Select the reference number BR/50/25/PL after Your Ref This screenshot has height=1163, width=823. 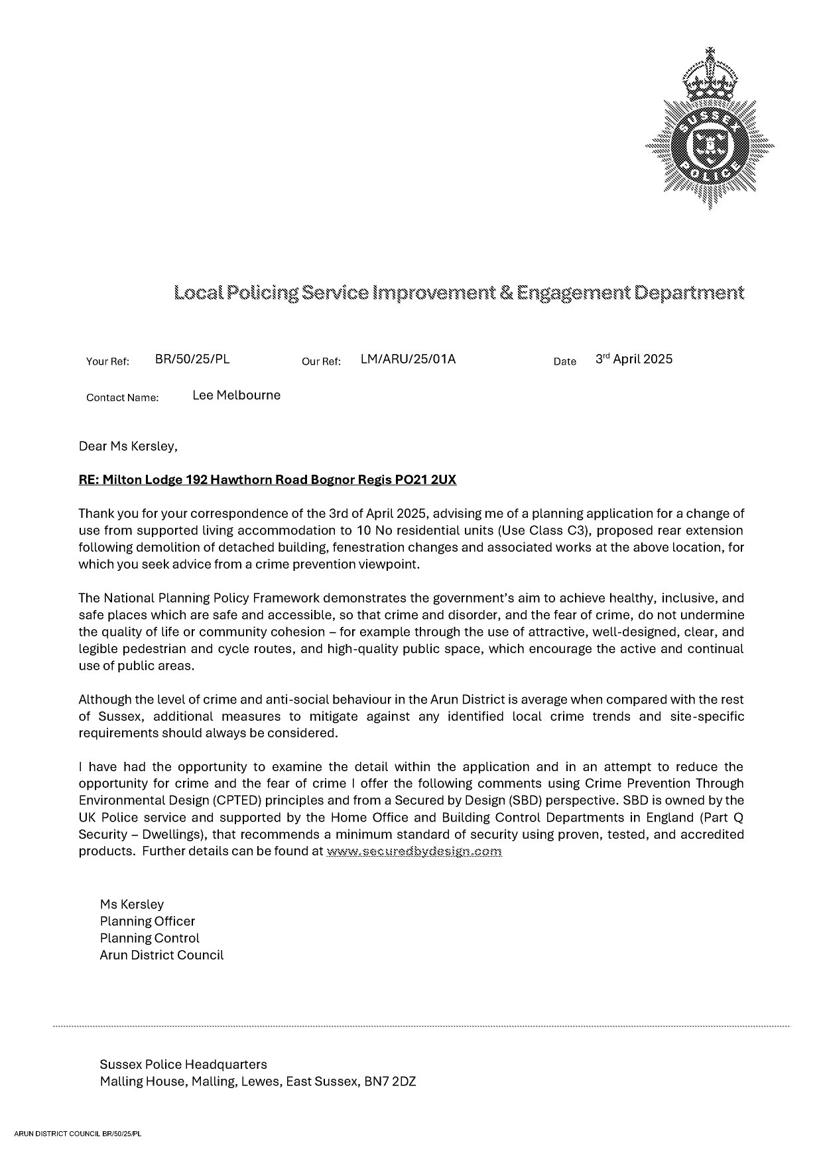[x=192, y=359]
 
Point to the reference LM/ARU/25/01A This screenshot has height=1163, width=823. [x=408, y=359]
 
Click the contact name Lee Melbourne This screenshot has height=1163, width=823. [x=236, y=396]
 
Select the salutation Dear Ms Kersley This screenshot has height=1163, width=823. [x=128, y=446]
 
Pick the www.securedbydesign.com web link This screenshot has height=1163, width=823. [x=414, y=851]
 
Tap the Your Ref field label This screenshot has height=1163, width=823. [x=107, y=361]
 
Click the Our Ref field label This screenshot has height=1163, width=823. [x=321, y=361]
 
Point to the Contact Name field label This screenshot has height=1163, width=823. [x=123, y=398]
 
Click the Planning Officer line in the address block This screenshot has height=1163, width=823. [x=147, y=922]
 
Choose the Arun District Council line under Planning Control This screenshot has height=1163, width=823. [x=162, y=955]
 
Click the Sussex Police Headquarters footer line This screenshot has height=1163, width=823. [x=183, y=1065]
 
